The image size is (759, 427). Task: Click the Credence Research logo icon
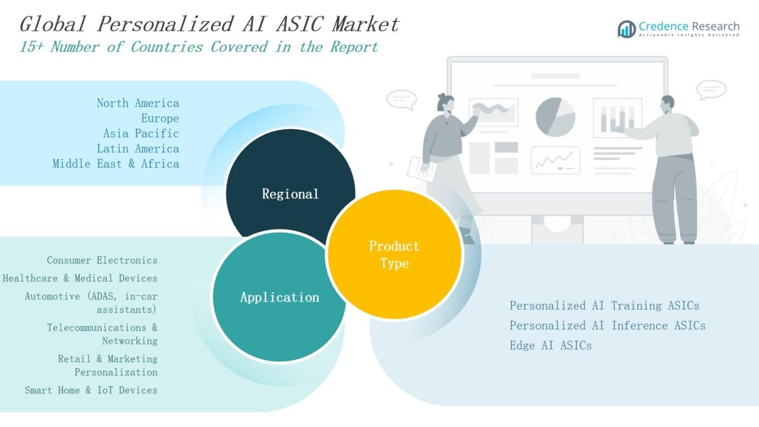click(x=626, y=29)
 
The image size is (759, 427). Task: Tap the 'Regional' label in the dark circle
click(x=290, y=194)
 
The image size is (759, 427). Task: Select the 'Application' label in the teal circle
click(x=280, y=297)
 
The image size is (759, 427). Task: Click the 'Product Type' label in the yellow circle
click(x=394, y=254)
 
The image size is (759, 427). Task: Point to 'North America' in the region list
click(x=138, y=103)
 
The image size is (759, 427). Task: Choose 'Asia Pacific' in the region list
click(x=141, y=133)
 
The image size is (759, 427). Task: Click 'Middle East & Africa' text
click(x=115, y=164)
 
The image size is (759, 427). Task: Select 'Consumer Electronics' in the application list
click(x=102, y=260)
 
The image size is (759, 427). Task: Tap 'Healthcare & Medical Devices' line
click(x=80, y=278)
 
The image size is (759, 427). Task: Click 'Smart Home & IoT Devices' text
click(x=91, y=390)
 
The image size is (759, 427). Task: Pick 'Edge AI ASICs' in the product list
click(x=550, y=345)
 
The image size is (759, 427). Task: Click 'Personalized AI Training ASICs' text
click(x=604, y=305)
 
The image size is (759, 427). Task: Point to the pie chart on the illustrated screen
click(x=555, y=117)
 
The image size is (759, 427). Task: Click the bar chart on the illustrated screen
click(x=617, y=118)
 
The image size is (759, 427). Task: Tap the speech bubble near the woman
click(x=401, y=99)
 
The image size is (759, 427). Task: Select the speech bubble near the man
click(x=711, y=89)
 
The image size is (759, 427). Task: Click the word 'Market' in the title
click(x=366, y=24)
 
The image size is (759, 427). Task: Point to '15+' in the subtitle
click(x=32, y=47)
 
